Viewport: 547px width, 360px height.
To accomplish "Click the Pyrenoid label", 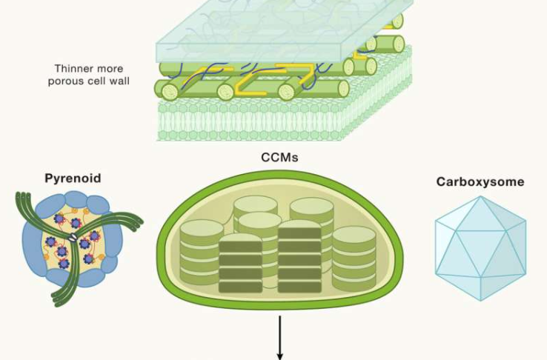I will [x=73, y=179].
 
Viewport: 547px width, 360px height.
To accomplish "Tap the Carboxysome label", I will [x=480, y=181].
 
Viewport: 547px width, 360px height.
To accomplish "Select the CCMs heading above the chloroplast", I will [x=279, y=157].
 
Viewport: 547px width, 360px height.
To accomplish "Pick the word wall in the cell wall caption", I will [x=118, y=80].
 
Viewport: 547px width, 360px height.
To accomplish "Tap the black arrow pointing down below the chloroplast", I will [x=280, y=337].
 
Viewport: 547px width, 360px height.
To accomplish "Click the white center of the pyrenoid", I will [x=74, y=237].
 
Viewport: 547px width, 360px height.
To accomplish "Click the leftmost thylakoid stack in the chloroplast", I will [x=201, y=252].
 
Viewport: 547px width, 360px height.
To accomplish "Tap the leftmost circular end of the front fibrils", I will [x=170, y=92].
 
